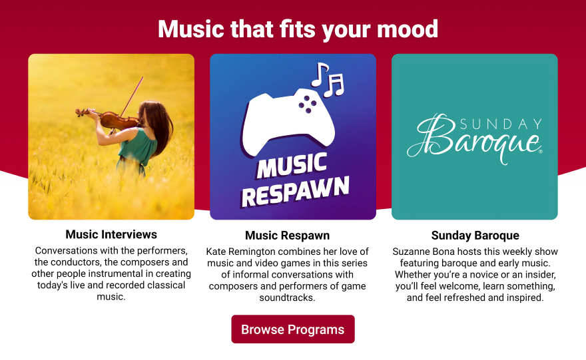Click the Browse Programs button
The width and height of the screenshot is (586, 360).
[x=292, y=329]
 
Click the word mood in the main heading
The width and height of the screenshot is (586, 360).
[x=408, y=29]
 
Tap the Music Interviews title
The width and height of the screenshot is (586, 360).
[x=111, y=234]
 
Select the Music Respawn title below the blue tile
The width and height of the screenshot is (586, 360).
[x=287, y=236]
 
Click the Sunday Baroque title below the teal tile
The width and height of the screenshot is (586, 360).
[x=475, y=236]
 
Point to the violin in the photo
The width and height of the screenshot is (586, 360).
[x=108, y=118]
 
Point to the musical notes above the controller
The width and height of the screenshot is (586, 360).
[x=328, y=80]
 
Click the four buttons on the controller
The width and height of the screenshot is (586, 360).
[x=307, y=104]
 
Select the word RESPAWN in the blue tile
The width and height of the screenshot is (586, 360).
[x=295, y=192]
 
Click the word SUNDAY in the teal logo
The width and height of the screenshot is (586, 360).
[x=501, y=124]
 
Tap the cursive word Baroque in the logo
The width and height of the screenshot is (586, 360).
[x=475, y=139]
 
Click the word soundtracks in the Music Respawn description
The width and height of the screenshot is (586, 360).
[x=287, y=297]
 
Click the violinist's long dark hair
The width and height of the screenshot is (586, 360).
[x=159, y=125]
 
